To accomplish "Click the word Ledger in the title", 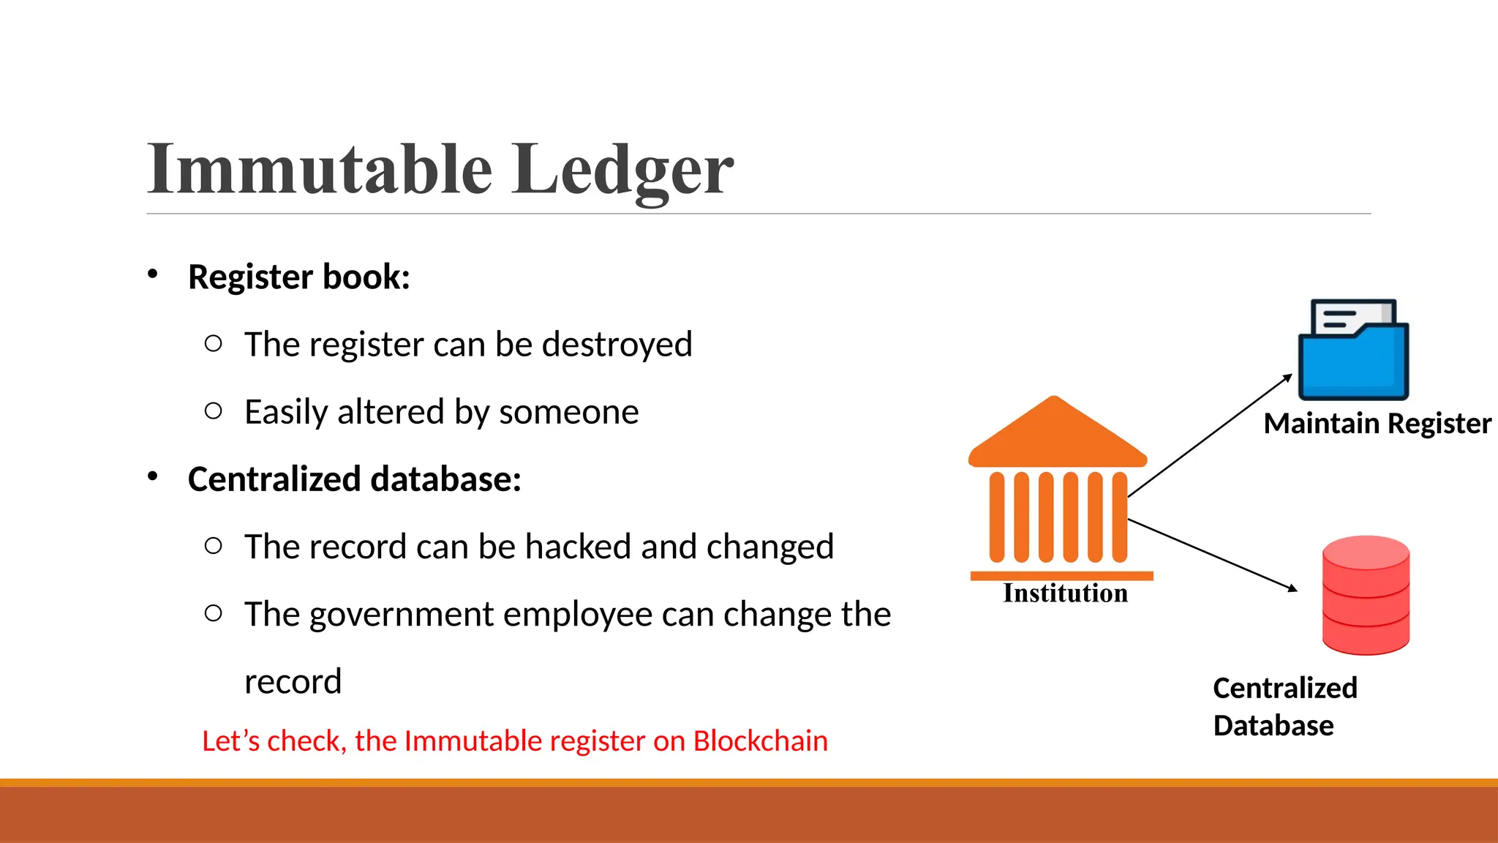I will click(x=622, y=171).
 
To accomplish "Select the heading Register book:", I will click(x=298, y=277).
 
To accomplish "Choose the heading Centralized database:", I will click(x=354, y=479).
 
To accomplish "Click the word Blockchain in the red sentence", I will click(x=761, y=741).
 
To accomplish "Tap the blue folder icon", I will click(x=1353, y=351).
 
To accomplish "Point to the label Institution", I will click(x=1065, y=593).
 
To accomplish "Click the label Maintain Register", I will click(x=1377, y=424).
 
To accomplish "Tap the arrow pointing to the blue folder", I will click(x=1211, y=435).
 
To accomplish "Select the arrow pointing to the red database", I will click(x=1212, y=554).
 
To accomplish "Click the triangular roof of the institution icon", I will click(x=1056, y=435).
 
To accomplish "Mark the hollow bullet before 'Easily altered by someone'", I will click(x=214, y=411).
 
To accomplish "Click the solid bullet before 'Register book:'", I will click(x=152, y=274).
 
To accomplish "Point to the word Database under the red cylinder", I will click(x=1273, y=726).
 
